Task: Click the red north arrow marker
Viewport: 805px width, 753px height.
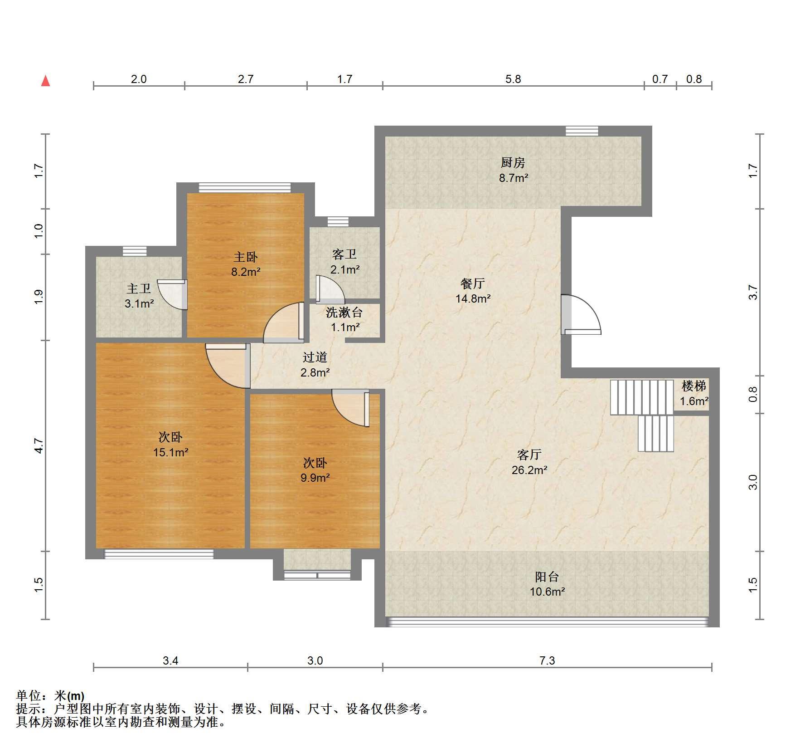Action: [x=45, y=81]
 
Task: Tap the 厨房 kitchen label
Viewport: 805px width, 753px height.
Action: [x=513, y=162]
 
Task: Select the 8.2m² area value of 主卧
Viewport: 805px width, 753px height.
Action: [x=246, y=272]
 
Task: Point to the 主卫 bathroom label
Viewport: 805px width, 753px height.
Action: [x=139, y=288]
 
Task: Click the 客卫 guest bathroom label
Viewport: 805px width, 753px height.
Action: [x=344, y=254]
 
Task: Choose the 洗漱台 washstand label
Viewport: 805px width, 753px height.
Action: [x=344, y=312]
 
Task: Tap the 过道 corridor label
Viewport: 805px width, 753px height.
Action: [x=315, y=357]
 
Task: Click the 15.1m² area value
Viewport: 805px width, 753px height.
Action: [x=171, y=452]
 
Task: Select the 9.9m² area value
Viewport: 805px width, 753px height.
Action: [x=315, y=478]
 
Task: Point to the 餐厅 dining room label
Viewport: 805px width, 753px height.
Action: [x=473, y=284]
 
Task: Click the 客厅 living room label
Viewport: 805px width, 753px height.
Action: [x=529, y=455]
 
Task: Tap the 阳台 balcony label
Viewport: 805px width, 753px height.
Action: [x=547, y=577]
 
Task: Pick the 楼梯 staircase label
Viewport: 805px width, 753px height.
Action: [x=694, y=386]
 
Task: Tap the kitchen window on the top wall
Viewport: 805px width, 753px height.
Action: [x=582, y=131]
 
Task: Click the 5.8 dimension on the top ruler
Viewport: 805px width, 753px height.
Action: [x=513, y=79]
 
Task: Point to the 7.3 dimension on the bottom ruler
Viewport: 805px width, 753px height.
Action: [x=547, y=661]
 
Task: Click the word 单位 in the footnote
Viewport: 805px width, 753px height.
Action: [x=28, y=695]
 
